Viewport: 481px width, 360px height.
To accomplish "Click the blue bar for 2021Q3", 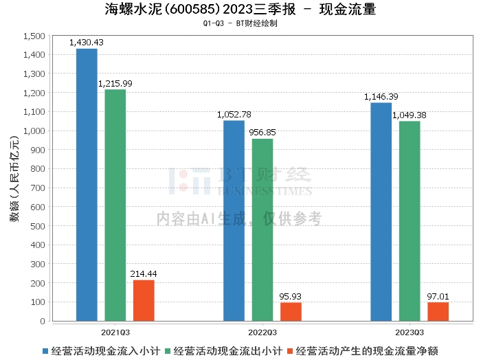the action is click(87, 185).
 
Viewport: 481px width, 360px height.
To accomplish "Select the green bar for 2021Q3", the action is click(115, 205).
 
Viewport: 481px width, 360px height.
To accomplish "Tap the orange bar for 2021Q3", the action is click(144, 300).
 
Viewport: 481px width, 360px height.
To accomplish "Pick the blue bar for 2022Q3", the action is click(234, 221).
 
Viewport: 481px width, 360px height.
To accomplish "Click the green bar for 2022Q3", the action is click(262, 230).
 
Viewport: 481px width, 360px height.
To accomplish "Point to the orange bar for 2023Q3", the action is click(438, 312).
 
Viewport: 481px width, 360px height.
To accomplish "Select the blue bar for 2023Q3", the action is click(381, 212).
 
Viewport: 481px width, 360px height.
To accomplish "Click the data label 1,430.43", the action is click(87, 43).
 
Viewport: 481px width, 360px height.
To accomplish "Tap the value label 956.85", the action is click(262, 133).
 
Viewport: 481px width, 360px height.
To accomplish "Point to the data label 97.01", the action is click(438, 297).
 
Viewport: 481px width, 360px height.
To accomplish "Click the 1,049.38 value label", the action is click(410, 115).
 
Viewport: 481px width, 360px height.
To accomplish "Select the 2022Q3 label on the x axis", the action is click(262, 333).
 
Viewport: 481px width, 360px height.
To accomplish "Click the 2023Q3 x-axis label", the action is click(410, 333).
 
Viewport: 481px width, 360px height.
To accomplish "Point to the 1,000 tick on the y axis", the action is click(34, 131).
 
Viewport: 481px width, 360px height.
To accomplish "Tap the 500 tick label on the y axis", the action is click(38, 226).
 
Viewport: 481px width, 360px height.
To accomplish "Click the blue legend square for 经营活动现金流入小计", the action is click(45, 351).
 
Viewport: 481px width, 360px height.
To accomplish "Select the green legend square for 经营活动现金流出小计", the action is click(168, 351).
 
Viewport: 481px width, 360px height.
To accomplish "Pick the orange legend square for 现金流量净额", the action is click(290, 351).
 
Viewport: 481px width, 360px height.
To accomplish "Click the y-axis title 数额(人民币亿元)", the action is click(14, 179).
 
